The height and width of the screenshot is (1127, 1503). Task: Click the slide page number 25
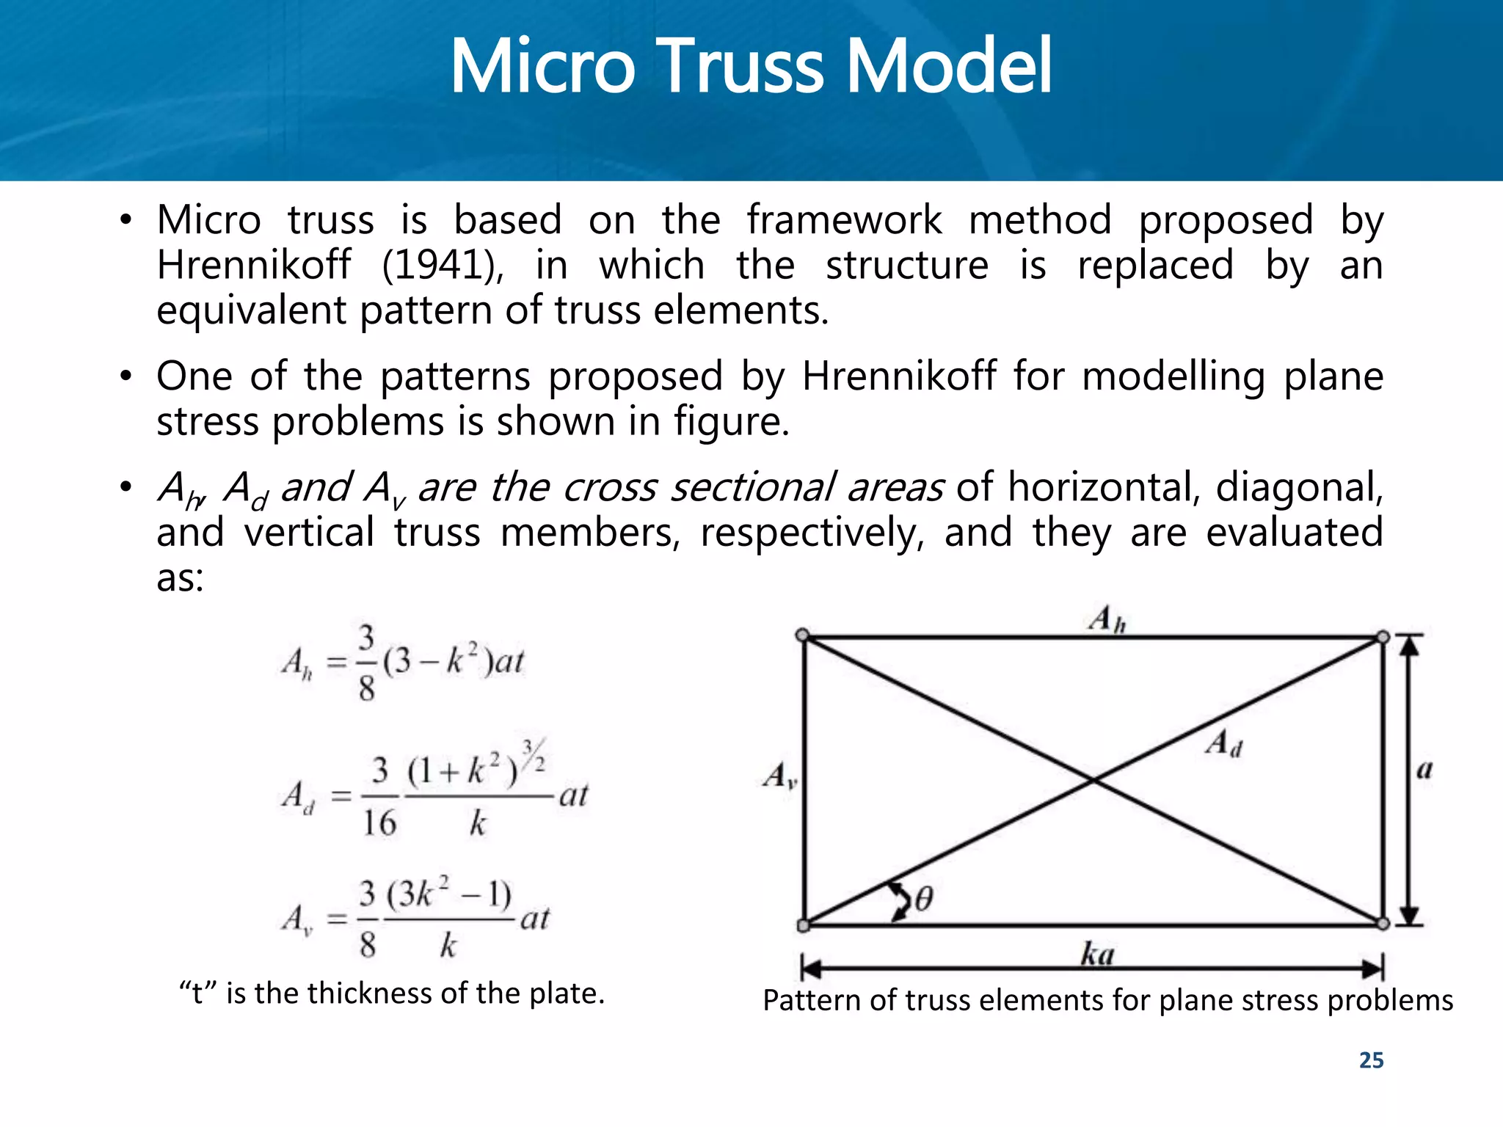coord(1371,1060)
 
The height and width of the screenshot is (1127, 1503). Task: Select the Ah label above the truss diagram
coord(1107,620)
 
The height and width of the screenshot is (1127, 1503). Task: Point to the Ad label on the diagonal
coord(1223,744)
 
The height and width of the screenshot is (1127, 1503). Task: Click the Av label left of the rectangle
coord(779,776)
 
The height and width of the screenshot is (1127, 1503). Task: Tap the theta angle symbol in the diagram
coord(923,899)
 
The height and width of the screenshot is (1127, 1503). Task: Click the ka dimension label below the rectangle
coord(1097,954)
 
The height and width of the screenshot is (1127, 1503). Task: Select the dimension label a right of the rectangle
coord(1424,770)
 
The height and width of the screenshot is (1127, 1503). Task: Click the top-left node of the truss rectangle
coord(803,635)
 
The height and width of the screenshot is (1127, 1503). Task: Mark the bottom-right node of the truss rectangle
coord(1383,924)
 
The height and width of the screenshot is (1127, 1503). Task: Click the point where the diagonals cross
coord(1093,781)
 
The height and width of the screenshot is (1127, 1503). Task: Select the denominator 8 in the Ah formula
coord(367,689)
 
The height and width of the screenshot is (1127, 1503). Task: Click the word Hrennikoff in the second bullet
coord(898,376)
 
